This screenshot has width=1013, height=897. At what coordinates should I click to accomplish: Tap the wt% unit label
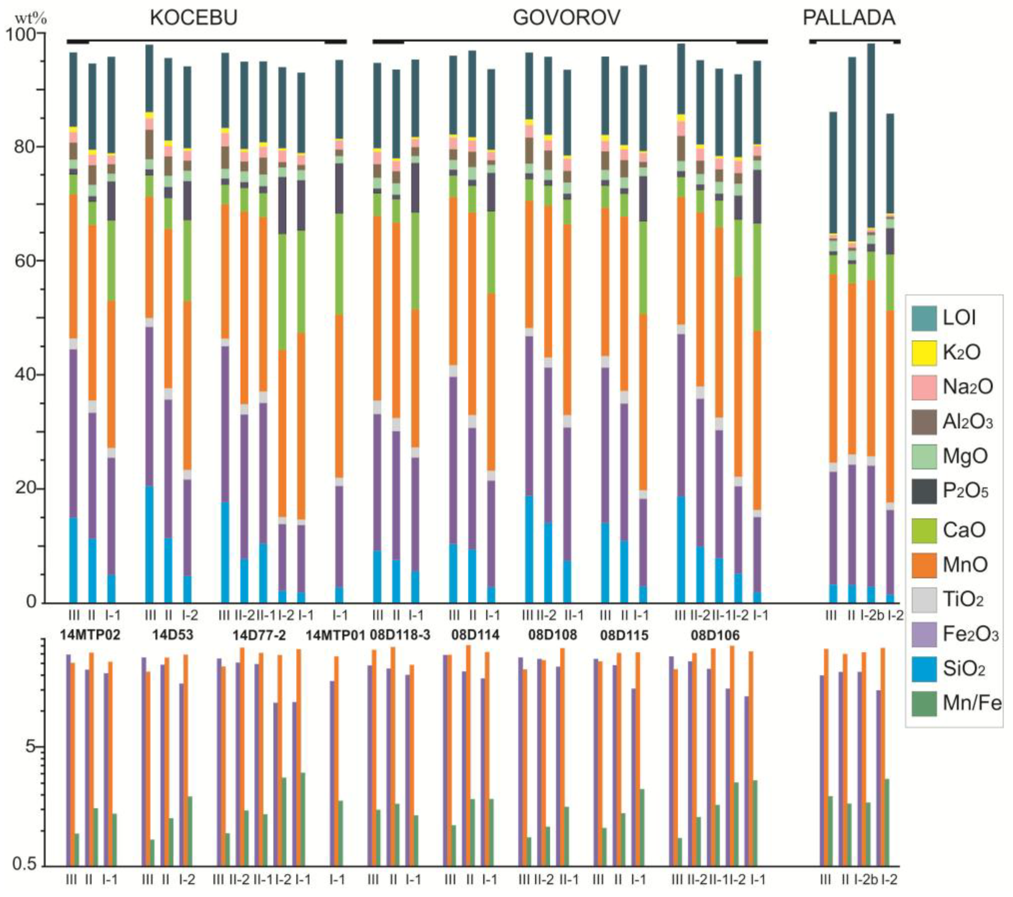tap(31, 19)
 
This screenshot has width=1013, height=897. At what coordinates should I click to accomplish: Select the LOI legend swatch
tap(924, 318)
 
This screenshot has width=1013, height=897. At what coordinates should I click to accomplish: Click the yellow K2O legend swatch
tap(924, 353)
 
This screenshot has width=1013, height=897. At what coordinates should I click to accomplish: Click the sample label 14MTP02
tap(90, 635)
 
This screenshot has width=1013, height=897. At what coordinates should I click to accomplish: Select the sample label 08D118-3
tap(400, 635)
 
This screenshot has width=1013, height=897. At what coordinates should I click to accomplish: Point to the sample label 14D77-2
tap(260, 635)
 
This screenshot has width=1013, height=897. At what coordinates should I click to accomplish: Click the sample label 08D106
tap(715, 635)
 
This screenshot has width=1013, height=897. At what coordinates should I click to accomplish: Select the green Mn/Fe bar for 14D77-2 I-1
tap(302, 818)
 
